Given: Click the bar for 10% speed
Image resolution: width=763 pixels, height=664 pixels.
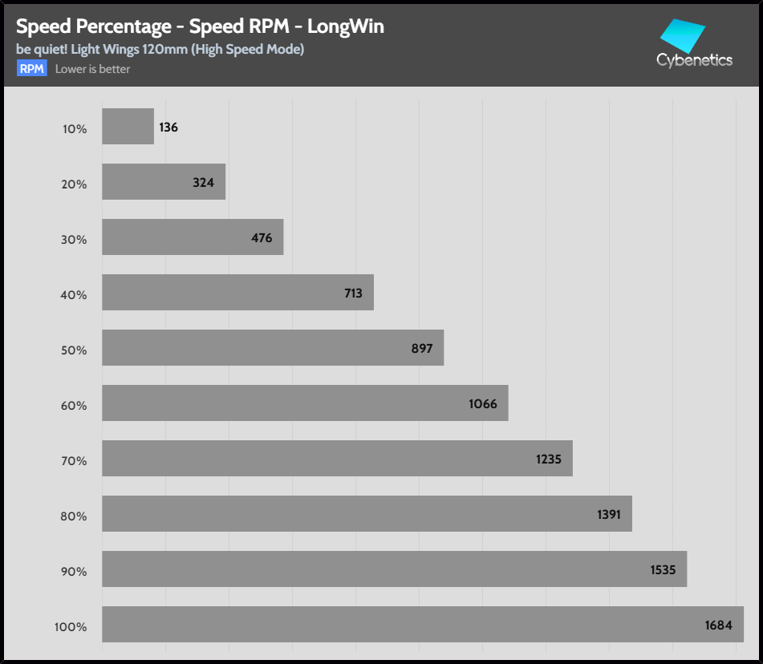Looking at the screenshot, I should (x=128, y=127).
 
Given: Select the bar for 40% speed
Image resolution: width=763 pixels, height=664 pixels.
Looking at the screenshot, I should (x=237, y=293).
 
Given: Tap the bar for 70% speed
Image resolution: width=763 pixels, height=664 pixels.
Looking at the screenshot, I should (x=337, y=459).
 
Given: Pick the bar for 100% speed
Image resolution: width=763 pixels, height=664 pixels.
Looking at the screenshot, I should (x=422, y=625).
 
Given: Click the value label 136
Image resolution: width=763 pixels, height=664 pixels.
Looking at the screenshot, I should (x=168, y=128).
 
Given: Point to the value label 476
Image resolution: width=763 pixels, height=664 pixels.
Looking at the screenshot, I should (x=262, y=238).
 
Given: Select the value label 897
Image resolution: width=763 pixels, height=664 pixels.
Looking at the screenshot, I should (x=421, y=349).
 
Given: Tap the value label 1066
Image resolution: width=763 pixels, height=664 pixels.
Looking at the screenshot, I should (x=483, y=404).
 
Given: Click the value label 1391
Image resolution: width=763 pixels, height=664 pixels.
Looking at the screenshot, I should (x=609, y=515).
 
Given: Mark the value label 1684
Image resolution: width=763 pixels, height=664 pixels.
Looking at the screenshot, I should (x=719, y=626).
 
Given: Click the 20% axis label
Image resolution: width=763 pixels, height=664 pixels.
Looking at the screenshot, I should (x=74, y=184).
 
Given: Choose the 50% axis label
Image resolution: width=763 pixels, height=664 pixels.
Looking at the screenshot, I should (x=74, y=350).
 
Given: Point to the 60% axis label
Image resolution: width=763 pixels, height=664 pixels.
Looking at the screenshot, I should (x=74, y=405).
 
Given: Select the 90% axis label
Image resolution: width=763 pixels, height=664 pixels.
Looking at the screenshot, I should (x=74, y=571).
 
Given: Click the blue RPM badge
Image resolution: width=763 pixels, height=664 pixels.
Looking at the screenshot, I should (x=32, y=69).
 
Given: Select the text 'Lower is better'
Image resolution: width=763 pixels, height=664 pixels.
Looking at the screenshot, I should (x=92, y=69).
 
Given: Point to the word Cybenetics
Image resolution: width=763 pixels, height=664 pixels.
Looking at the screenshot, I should (x=694, y=60).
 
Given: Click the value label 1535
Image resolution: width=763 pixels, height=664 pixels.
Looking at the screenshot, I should (x=664, y=570).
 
